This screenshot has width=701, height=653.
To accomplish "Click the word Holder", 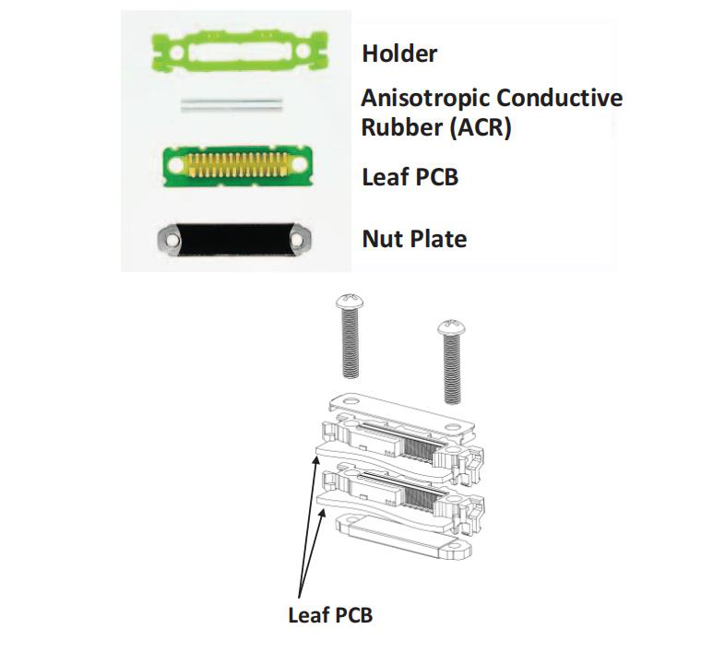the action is [x=399, y=53].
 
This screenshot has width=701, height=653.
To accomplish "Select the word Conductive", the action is [x=559, y=98].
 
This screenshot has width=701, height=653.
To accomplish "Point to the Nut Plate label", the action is [x=414, y=239].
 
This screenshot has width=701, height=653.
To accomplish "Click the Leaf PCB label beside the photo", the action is [x=410, y=176].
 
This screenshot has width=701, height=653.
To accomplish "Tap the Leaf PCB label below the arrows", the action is [x=330, y=615].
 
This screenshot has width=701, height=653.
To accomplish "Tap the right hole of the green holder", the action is [x=303, y=50].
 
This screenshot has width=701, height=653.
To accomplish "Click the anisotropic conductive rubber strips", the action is [x=232, y=105].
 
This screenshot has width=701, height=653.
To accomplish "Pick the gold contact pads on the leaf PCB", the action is [x=236, y=165].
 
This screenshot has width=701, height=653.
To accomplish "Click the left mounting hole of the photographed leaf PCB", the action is [x=175, y=166].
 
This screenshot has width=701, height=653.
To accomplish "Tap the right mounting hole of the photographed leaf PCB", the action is [x=299, y=164].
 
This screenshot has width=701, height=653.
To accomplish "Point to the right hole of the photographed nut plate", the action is [x=297, y=240].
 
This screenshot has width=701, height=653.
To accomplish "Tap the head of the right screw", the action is [x=452, y=328].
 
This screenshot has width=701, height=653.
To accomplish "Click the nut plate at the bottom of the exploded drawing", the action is [x=403, y=537].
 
